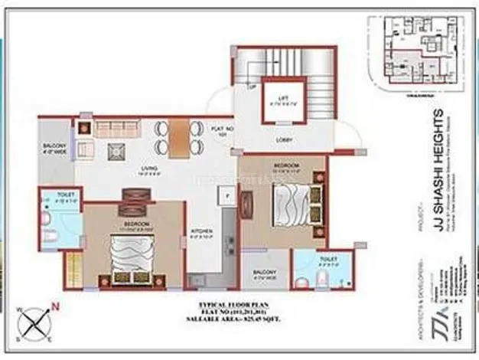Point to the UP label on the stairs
253,87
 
